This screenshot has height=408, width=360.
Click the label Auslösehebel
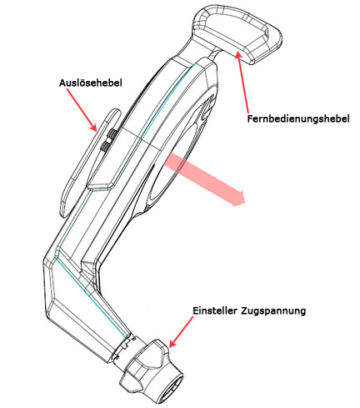pos(91,83)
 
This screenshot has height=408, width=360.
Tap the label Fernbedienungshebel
pos(298,118)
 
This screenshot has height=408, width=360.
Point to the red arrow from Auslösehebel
pos(82,110)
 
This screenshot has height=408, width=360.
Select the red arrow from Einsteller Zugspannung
pos(181,332)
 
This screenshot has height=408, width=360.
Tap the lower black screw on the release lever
pos(106,145)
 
